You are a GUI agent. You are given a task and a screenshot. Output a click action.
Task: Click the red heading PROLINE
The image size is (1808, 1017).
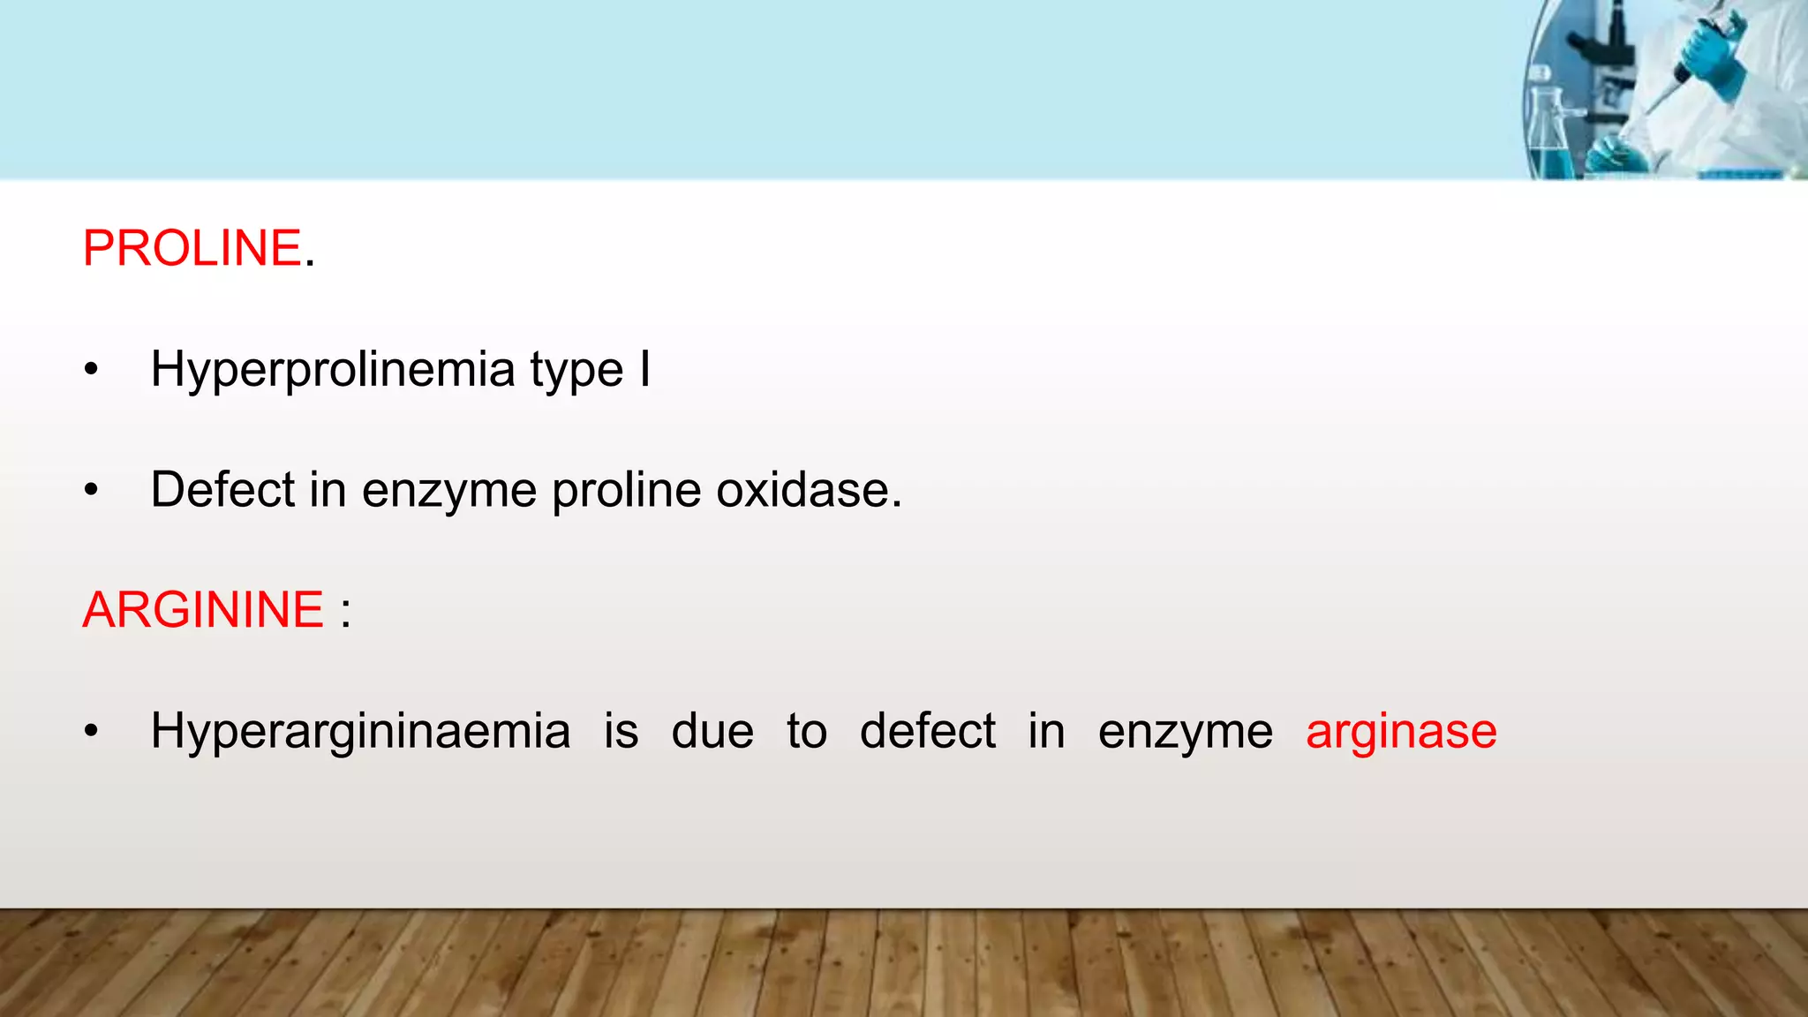pos(192,248)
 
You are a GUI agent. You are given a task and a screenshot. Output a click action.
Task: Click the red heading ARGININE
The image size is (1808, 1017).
pos(203,610)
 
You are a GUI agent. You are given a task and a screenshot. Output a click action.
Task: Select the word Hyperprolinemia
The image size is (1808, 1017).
pos(332,370)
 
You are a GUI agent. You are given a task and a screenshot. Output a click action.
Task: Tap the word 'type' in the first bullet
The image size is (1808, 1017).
pos(576,372)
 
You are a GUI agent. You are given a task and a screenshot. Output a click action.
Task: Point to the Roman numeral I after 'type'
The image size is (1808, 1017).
pos(645,368)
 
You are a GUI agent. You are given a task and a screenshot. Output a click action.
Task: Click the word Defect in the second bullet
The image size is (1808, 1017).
pos(222,490)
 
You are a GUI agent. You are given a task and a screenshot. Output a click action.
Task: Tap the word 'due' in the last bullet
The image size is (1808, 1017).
pos(712,732)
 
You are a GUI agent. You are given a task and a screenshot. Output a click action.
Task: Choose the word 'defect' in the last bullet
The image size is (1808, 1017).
pos(927,732)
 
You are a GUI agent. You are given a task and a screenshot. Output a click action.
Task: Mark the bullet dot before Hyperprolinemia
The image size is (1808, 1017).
pos(91,370)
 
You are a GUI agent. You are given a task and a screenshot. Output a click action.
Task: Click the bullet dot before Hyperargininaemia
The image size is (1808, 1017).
pos(91,732)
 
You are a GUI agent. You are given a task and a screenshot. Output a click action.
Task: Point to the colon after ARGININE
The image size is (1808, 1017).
pos(345,612)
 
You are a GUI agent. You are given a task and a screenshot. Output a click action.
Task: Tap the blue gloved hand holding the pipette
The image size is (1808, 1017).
pos(1713,57)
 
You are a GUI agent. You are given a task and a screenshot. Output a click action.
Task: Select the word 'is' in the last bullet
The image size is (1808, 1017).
pos(621,732)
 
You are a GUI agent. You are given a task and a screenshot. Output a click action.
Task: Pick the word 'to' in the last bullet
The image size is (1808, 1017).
pos(806,732)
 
